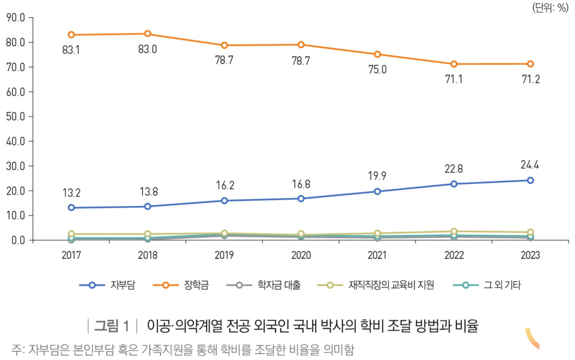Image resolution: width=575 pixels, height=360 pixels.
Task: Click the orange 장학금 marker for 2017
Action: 71,35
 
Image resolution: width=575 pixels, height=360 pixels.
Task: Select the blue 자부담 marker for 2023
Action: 530,180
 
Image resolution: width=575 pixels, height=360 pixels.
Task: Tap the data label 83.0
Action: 147,50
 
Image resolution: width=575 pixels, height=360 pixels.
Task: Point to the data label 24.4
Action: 530,165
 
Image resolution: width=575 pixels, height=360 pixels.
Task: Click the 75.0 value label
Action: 377,69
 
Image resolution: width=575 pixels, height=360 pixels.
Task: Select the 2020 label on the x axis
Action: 301,255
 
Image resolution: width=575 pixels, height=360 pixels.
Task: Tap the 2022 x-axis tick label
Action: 453,255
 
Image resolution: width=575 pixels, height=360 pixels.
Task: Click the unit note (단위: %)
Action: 549,7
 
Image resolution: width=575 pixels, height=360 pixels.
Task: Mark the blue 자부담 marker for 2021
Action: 377,192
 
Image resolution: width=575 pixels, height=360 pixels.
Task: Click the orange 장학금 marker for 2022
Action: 454,64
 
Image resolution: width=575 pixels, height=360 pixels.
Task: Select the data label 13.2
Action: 71,193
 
